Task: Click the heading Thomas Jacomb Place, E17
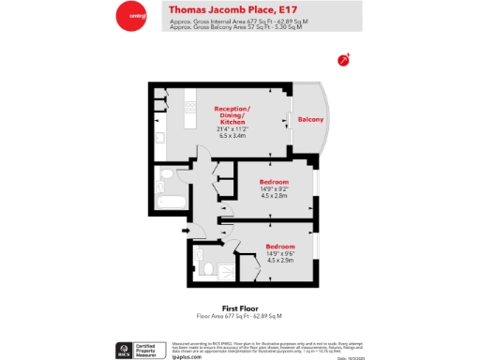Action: click(231, 9)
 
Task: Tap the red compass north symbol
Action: click(344, 59)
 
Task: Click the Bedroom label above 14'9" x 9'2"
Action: click(274, 181)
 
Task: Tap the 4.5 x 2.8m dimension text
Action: click(274, 197)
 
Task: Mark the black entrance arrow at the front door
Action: click(186, 230)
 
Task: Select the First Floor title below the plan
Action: click(239, 308)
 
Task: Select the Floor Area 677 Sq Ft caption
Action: click(239, 316)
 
